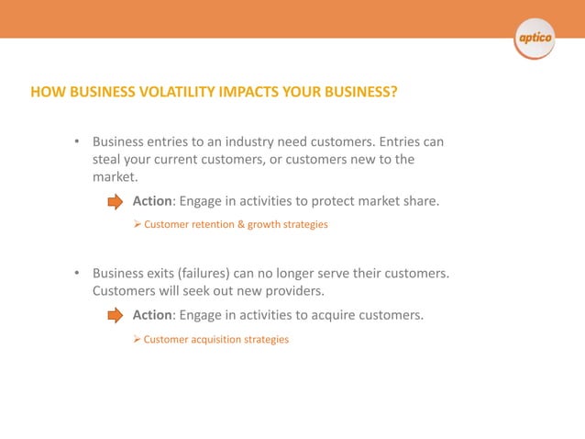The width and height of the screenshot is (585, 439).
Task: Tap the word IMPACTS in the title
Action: (253, 92)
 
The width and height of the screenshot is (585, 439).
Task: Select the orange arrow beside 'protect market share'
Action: (116, 202)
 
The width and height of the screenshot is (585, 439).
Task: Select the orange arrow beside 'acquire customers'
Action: (116, 316)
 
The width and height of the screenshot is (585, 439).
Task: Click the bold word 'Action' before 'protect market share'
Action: (152, 201)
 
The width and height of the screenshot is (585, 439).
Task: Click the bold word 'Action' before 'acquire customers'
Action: (152, 315)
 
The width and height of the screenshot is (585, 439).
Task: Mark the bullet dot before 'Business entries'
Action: (78, 142)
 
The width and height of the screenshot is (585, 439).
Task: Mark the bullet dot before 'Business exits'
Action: (78, 275)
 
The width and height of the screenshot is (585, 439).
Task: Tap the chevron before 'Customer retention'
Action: (138, 224)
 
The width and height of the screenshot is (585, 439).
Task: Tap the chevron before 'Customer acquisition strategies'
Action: (138, 339)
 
